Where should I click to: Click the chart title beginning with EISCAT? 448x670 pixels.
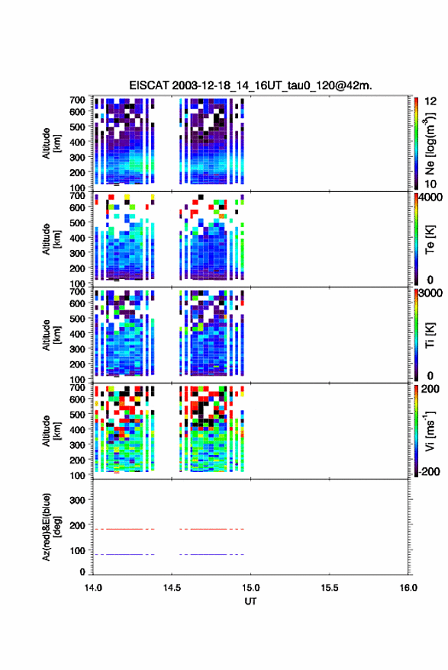click(251, 85)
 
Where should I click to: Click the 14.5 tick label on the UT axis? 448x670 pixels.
click(172, 588)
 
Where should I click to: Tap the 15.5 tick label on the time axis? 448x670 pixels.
click(330, 588)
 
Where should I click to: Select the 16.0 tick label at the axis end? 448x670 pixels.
click(408, 588)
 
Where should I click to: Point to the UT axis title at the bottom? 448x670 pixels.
click(250, 601)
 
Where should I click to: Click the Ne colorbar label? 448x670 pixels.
click(430, 143)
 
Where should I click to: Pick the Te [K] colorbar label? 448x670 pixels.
click(430, 239)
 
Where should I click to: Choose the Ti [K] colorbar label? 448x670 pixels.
click(430, 335)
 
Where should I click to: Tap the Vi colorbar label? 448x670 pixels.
click(430, 431)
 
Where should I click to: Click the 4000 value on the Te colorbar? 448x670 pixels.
click(430, 197)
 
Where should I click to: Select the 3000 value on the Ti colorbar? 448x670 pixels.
click(430, 293)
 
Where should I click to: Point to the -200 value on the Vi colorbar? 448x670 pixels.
click(429, 472)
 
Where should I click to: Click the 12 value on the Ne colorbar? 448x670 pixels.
click(430, 101)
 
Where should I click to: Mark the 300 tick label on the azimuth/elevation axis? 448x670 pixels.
click(77, 500)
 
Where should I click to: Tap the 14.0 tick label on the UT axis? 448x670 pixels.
click(93, 588)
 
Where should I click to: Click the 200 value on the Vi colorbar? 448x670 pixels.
click(430, 389)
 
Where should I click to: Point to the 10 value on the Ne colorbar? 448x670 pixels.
click(430, 184)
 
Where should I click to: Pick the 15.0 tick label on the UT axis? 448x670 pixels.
click(250, 588)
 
